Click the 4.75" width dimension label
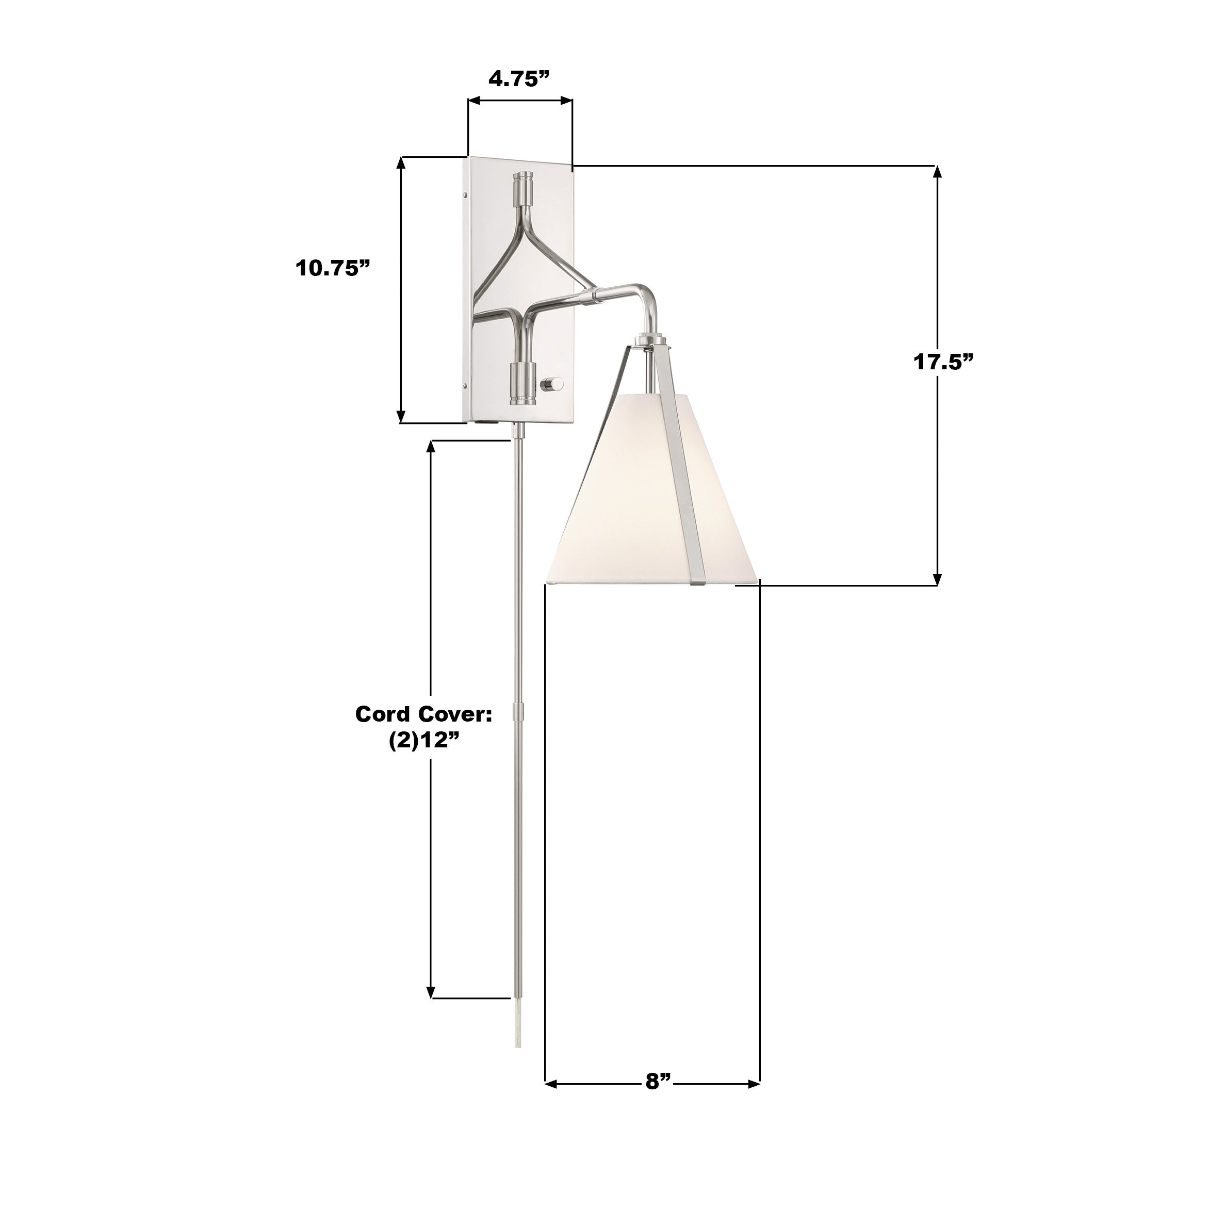(x=518, y=79)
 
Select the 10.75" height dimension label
(x=332, y=268)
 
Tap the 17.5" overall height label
(x=943, y=362)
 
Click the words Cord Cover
(x=423, y=714)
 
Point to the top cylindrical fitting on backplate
(x=524, y=188)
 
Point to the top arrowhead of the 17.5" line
(x=937, y=172)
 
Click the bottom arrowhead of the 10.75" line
(x=401, y=417)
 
